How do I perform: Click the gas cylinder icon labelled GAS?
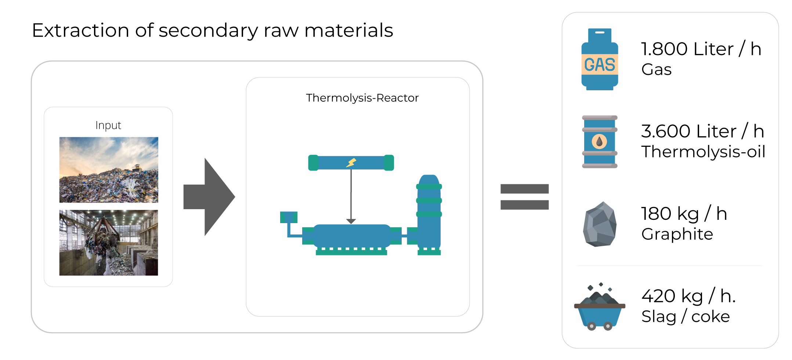click(599, 59)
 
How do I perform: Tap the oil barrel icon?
click(599, 142)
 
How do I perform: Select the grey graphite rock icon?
click(599, 224)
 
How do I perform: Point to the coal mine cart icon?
click(599, 308)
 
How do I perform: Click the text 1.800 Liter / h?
click(701, 49)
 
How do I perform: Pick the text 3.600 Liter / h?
click(702, 131)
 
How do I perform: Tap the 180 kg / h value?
click(684, 214)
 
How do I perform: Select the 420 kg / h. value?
click(688, 296)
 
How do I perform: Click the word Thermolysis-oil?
click(703, 152)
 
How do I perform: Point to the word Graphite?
click(677, 234)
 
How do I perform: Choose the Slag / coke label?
click(685, 317)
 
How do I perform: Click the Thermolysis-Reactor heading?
click(362, 98)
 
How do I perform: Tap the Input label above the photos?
click(108, 126)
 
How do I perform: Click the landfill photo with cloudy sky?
click(109, 170)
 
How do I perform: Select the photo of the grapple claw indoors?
click(109, 243)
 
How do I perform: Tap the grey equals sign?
click(524, 197)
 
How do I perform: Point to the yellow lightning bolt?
click(351, 163)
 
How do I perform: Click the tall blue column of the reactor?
click(429, 213)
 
